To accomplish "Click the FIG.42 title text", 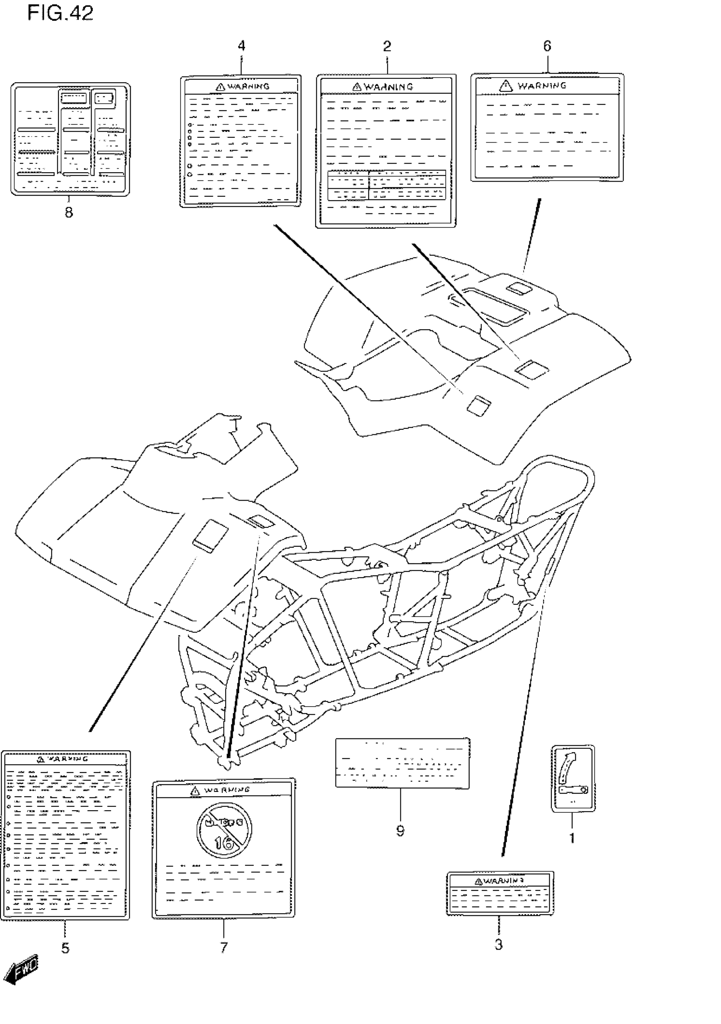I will click(60, 14).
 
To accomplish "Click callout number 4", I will click(241, 46).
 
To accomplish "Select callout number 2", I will click(387, 46).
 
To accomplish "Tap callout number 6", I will click(547, 46).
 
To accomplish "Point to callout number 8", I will click(69, 212).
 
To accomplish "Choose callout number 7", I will click(224, 947).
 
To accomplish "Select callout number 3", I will click(499, 944).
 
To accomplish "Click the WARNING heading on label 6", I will click(542, 86).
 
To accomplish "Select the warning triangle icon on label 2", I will click(357, 87).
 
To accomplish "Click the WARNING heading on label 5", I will click(68, 758).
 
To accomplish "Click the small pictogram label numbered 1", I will click(573, 779).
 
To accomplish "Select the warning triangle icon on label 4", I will click(220, 87).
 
